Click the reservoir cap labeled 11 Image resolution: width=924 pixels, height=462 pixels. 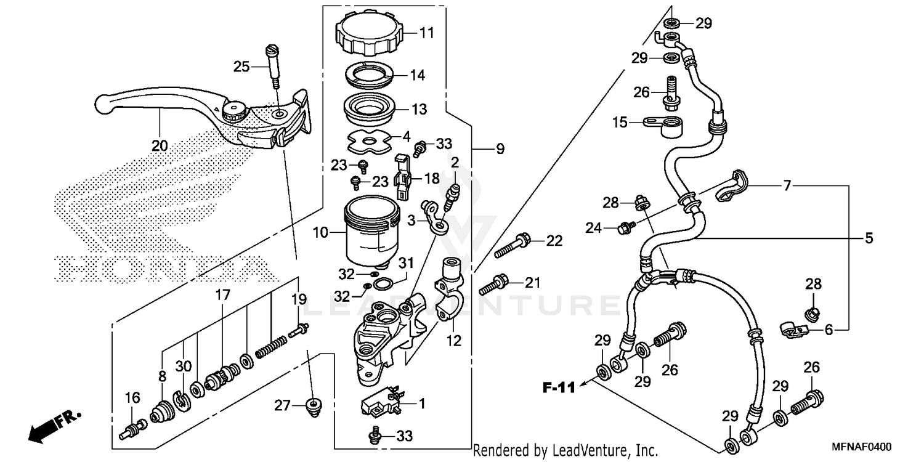(368, 34)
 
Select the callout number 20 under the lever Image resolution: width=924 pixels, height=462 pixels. (160, 145)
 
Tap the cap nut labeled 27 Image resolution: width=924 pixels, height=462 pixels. (315, 407)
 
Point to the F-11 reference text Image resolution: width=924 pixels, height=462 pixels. (559, 387)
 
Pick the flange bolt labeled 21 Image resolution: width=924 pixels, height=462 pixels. (495, 284)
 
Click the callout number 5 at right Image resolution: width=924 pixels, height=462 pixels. (869, 238)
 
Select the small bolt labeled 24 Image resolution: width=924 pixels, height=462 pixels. (625, 228)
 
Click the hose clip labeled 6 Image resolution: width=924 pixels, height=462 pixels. (793, 330)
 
